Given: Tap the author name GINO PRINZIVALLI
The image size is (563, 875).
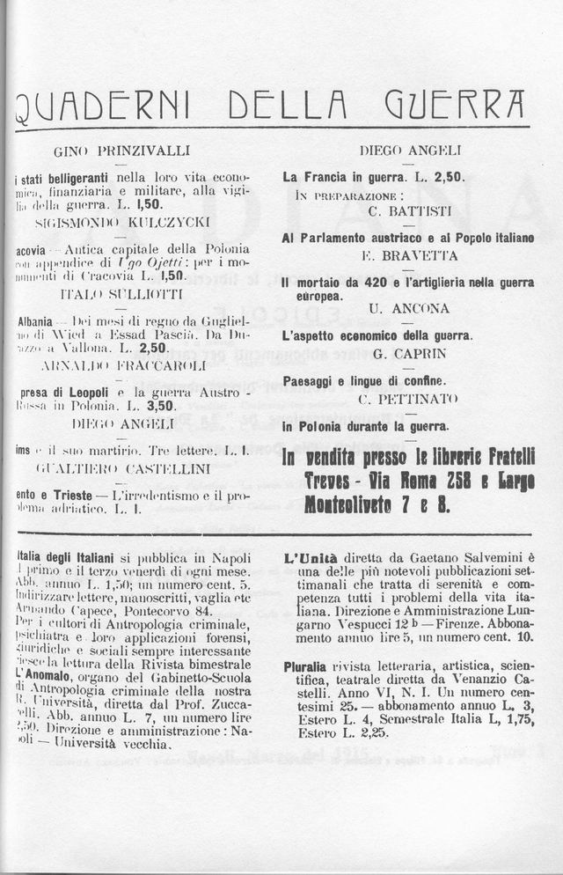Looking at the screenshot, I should [x=122, y=151].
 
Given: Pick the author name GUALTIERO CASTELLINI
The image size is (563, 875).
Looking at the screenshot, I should [x=123, y=466].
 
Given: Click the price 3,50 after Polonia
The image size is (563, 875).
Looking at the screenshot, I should [x=161, y=407].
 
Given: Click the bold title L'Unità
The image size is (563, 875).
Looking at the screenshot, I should [x=307, y=557].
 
